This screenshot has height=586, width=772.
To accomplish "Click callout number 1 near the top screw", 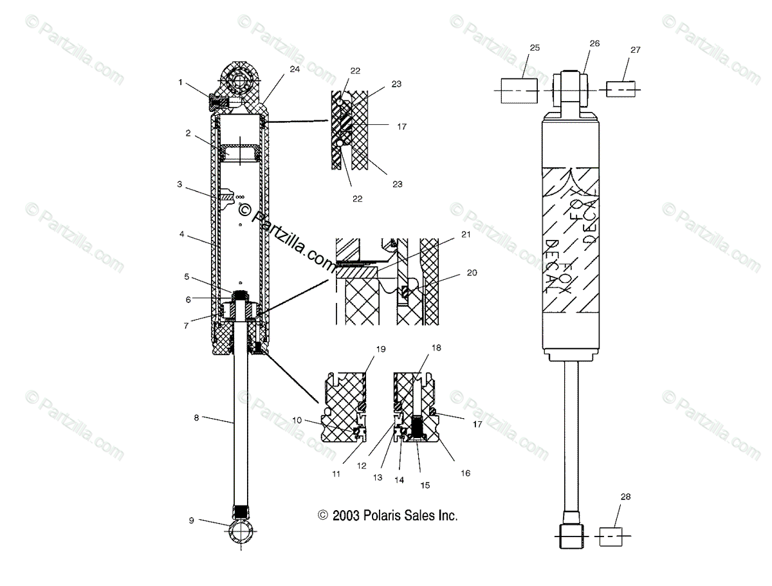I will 181,82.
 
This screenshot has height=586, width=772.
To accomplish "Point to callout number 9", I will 192,520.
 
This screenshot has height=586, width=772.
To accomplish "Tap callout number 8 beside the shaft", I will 196,417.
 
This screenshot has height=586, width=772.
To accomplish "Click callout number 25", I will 535,48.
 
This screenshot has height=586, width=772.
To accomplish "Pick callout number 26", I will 594,43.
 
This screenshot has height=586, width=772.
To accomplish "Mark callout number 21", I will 465,235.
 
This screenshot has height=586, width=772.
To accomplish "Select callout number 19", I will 381,349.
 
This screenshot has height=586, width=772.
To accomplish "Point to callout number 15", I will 425,485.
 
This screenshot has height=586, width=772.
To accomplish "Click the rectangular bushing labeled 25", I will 520,91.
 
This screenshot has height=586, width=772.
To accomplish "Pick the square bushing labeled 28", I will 612,536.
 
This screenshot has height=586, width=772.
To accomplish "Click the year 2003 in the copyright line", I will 346,515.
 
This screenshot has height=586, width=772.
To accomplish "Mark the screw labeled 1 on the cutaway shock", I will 217,101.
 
